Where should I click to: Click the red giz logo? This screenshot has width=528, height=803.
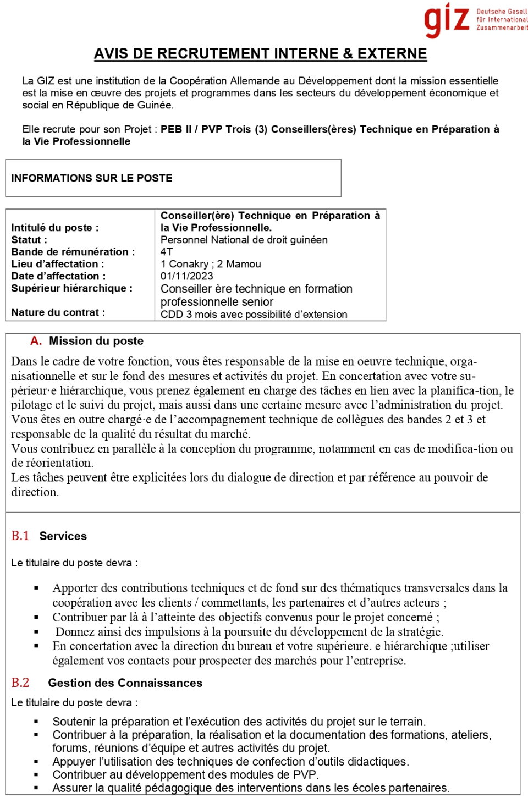tap(447, 20)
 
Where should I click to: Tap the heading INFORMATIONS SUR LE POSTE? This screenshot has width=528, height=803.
tap(92, 178)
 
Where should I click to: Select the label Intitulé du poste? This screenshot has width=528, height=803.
tap(55, 228)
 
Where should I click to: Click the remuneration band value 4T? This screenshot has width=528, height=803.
tap(167, 252)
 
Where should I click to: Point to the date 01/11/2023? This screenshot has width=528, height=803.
tap(186, 276)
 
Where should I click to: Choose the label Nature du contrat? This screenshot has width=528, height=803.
tap(58, 312)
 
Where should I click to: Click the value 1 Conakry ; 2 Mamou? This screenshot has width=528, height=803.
tap(211, 264)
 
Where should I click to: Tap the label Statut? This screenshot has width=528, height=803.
tap(29, 240)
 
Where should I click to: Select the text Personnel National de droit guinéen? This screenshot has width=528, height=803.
tap(244, 240)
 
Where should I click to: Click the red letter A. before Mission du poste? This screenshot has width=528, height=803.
tap(36, 341)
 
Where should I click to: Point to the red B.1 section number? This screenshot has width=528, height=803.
tap(20, 536)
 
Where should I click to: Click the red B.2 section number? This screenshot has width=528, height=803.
tap(20, 683)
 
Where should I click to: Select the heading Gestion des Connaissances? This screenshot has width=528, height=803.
tap(125, 683)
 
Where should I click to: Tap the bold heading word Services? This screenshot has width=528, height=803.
tap(63, 536)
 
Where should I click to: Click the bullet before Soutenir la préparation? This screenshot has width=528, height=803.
tap(36, 722)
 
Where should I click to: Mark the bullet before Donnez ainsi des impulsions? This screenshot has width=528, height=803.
tap(36, 632)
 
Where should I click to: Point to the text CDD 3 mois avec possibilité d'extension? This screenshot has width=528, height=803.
tap(254, 315)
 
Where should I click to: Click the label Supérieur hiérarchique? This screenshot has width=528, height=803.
tap(71, 288)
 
